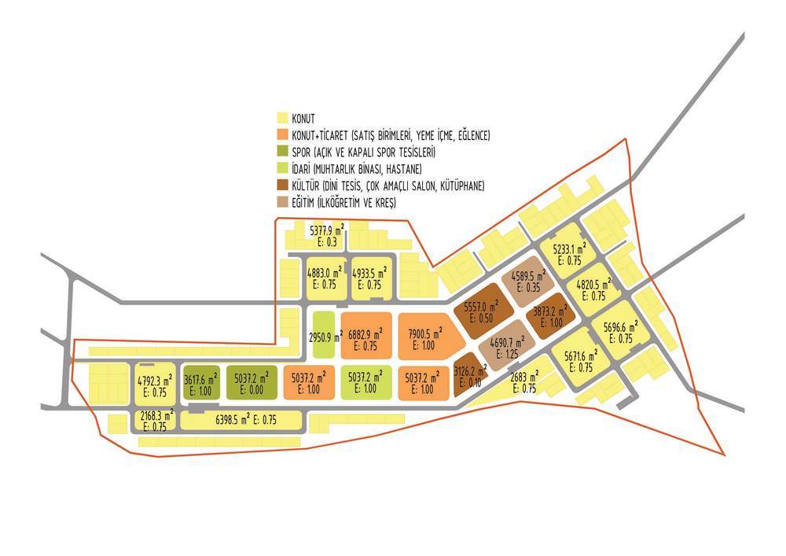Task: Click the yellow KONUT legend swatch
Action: point(283,118)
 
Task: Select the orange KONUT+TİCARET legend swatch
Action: point(283,134)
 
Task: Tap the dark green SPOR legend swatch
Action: point(283,152)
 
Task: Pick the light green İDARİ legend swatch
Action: point(283,168)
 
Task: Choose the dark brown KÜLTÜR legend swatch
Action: point(283,186)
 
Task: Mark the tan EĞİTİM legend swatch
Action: point(283,202)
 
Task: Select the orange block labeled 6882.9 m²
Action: point(366,335)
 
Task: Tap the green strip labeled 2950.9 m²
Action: point(324,334)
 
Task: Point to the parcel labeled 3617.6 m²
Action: point(201,382)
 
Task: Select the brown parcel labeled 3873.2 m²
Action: point(550,316)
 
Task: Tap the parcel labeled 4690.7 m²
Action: point(506,345)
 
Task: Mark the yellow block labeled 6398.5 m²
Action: point(241,420)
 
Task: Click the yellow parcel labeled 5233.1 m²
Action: point(567,252)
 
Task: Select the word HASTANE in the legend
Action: point(404,169)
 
